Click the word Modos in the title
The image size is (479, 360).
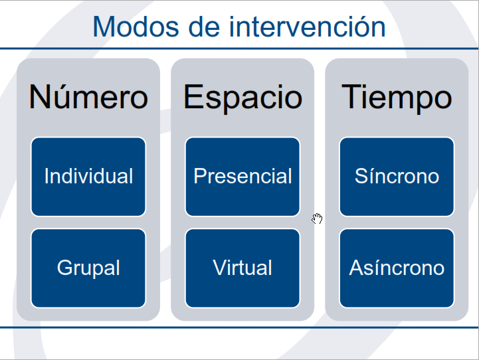click(x=126, y=27)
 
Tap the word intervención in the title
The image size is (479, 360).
click(x=307, y=27)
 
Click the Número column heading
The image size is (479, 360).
click(x=88, y=97)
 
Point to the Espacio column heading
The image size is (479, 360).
click(x=242, y=97)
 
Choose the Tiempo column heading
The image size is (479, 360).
click(x=397, y=97)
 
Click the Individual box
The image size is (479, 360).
click(x=88, y=177)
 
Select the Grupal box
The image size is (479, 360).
click(x=88, y=268)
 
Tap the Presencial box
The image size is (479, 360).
click(x=242, y=177)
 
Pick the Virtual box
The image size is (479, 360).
click(x=242, y=268)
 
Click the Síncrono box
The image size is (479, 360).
click(x=397, y=177)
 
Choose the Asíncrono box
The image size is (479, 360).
click(x=397, y=268)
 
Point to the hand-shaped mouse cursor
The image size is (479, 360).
click(x=318, y=219)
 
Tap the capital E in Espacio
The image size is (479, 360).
click(x=193, y=97)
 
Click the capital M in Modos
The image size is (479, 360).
click(x=104, y=27)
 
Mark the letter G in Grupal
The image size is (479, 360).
click(x=64, y=268)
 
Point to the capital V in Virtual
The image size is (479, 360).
click(x=219, y=268)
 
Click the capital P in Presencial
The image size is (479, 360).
click(x=199, y=177)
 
